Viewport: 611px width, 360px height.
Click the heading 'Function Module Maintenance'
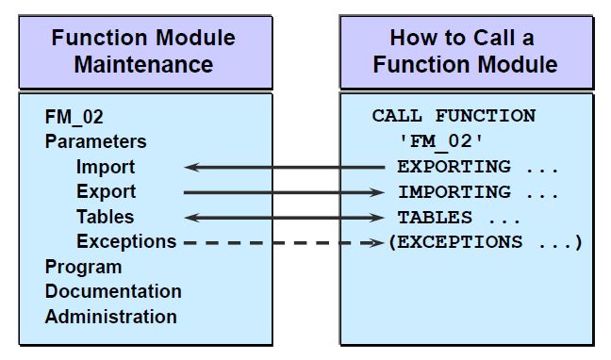143,51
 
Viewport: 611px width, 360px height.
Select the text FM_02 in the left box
74,118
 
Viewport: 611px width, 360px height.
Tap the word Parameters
95,142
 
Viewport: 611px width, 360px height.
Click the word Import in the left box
106,167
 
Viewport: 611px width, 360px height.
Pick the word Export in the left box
106,191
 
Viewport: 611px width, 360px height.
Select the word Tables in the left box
106,217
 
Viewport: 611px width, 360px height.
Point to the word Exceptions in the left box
126,241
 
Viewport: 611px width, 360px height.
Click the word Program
83,267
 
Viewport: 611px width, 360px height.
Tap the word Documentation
113,291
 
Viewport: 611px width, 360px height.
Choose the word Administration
110,317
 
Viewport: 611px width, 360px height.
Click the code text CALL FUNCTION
454,117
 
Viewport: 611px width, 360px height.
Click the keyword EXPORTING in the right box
454,167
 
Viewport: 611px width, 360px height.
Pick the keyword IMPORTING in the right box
454,192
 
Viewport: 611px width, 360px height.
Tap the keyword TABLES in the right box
434,217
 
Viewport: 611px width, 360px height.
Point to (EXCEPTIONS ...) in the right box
485,242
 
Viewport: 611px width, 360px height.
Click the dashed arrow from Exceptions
283,242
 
